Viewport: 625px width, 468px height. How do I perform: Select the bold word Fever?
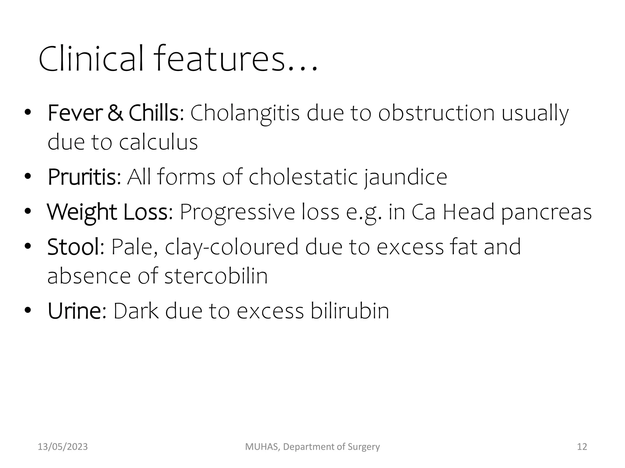[x=74, y=113]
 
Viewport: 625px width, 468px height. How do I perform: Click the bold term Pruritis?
[x=82, y=177]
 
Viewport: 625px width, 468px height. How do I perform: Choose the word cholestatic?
[x=303, y=177]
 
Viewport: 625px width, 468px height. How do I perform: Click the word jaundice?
[x=406, y=177]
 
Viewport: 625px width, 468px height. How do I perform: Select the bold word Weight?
[x=81, y=212]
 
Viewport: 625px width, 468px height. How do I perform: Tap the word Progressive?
[x=237, y=212]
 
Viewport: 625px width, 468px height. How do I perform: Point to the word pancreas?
[x=546, y=212]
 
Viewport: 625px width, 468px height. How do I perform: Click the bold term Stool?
[x=74, y=247]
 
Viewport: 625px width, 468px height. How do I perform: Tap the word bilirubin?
[x=350, y=311]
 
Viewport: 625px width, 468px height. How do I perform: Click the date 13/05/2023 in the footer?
[x=63, y=447]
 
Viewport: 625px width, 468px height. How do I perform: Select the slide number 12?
[x=582, y=447]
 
